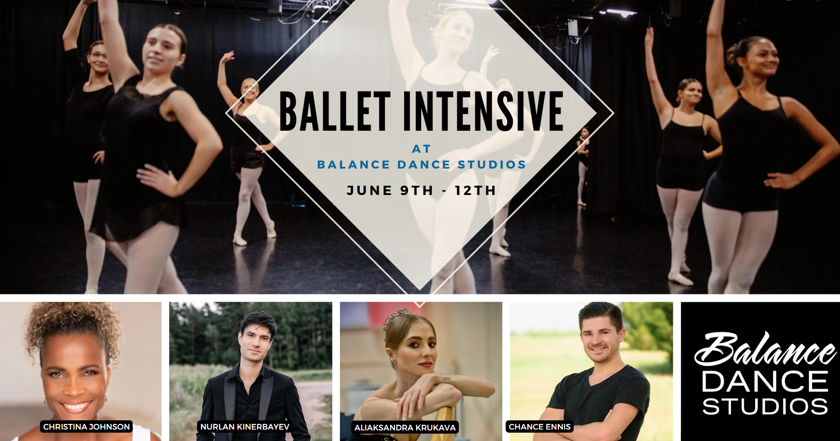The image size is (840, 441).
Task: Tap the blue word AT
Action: click(x=421, y=149)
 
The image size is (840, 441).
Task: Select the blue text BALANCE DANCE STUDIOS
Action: click(x=421, y=165)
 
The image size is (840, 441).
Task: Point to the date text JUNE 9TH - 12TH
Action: click(x=421, y=190)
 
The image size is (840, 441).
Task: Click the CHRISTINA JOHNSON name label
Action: click(x=87, y=426)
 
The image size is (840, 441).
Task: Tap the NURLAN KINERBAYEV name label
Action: click(x=245, y=426)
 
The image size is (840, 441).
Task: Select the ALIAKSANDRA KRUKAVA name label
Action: click(x=405, y=427)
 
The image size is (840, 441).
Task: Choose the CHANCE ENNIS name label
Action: click(x=540, y=426)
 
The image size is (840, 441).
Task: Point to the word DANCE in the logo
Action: click(x=765, y=381)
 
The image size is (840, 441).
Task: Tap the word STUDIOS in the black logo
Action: click(x=765, y=406)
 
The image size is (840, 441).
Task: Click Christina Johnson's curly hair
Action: click(x=73, y=323)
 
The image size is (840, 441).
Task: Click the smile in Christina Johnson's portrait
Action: click(x=76, y=405)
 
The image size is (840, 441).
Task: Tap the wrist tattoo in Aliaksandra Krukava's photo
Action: click(x=446, y=378)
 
